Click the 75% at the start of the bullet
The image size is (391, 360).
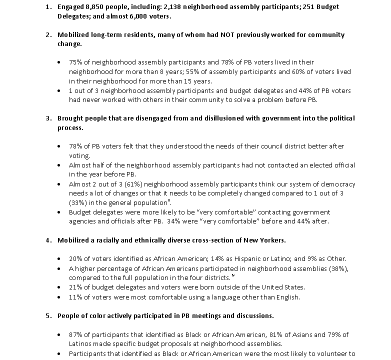(x=76, y=62)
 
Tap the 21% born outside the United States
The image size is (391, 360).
(x=76, y=287)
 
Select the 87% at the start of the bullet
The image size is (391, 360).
(x=76, y=334)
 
